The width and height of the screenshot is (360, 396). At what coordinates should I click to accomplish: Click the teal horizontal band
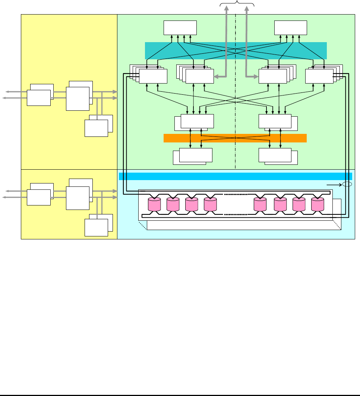click(x=236, y=50)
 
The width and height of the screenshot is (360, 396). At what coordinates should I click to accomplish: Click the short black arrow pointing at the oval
click(x=334, y=184)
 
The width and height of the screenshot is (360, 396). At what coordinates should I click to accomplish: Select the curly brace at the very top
click(x=237, y=4)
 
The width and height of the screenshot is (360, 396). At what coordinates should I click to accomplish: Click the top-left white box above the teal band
click(x=180, y=27)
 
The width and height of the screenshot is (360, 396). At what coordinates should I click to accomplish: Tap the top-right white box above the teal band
click(x=291, y=27)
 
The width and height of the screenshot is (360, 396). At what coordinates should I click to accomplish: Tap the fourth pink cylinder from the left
click(x=211, y=204)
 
